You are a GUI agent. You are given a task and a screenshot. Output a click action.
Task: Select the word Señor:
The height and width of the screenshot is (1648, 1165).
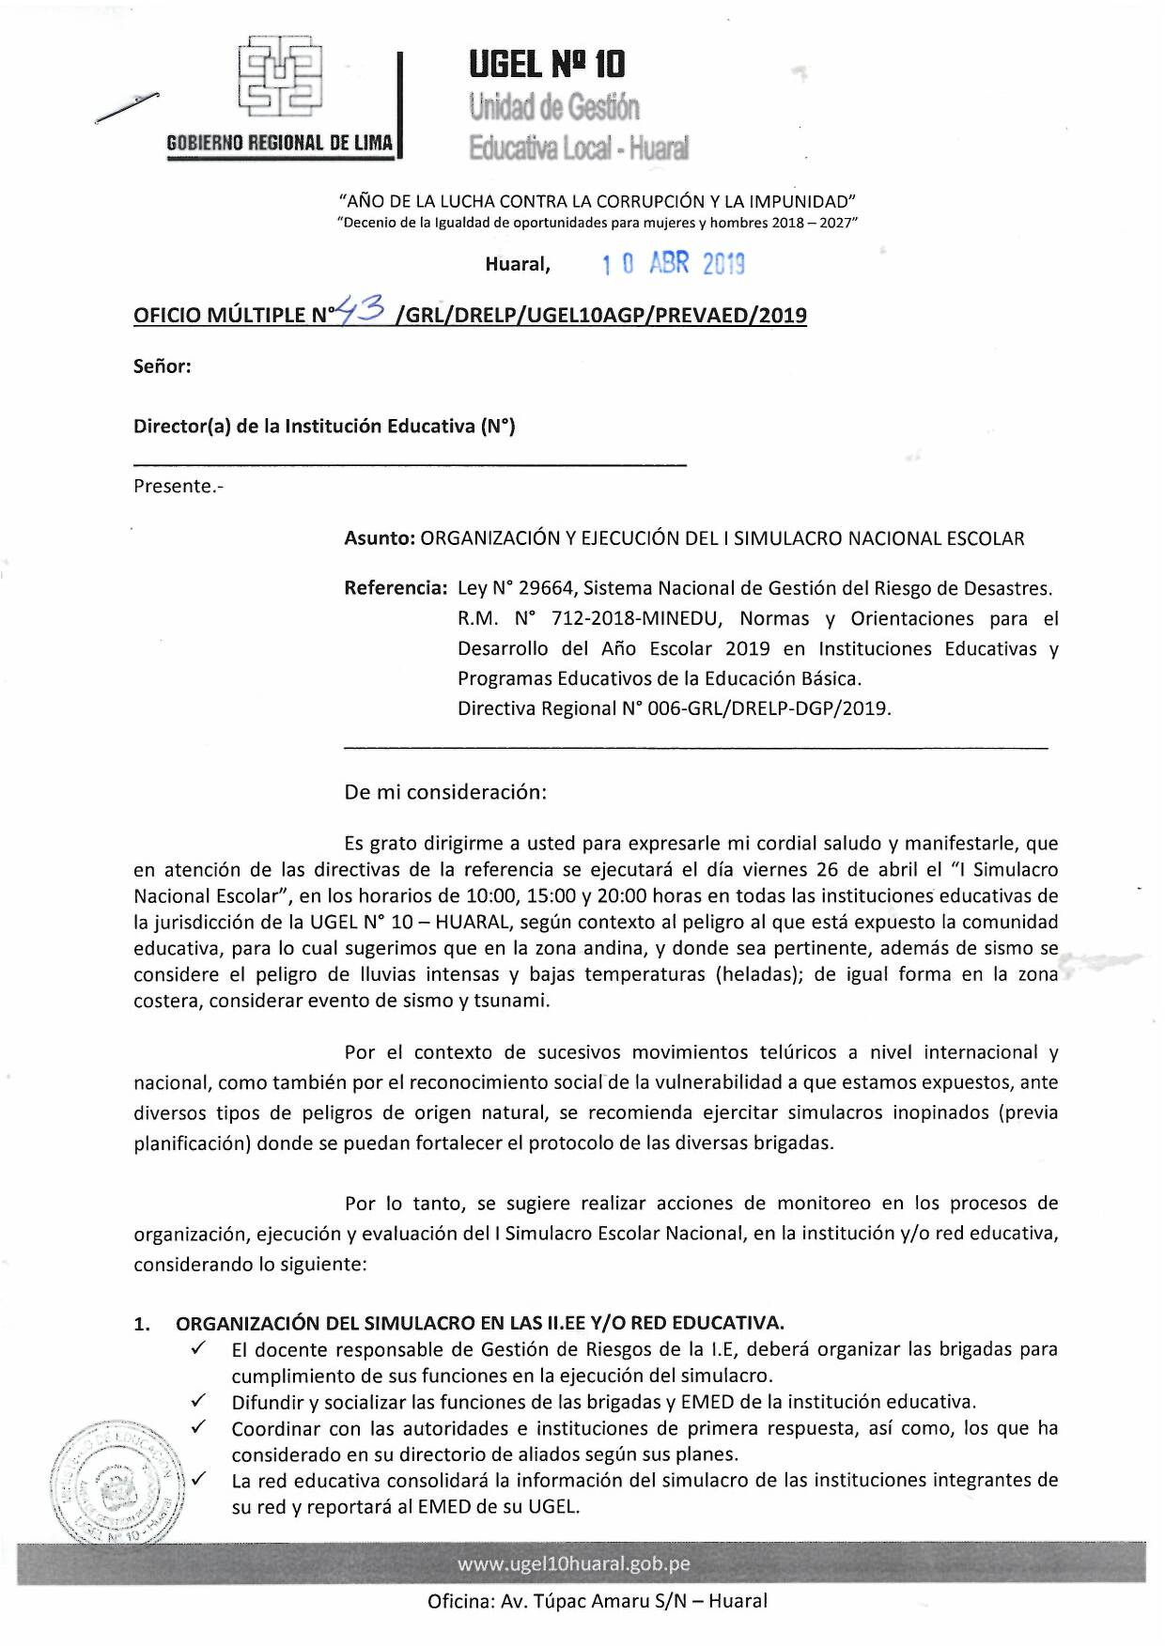163,366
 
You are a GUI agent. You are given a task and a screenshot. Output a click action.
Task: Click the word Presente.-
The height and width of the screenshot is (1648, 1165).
179,487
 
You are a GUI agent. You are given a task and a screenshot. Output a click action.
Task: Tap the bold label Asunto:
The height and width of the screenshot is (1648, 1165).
380,538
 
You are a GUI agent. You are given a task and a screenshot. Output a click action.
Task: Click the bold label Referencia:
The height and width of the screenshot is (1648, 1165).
396,588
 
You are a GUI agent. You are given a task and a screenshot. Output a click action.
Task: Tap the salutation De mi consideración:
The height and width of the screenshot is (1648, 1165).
445,792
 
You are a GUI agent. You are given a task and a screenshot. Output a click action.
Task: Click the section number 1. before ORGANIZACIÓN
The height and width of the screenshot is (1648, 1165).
144,1324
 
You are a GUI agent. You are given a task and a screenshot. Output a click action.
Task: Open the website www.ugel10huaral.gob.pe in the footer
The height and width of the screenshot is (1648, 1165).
573,1564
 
